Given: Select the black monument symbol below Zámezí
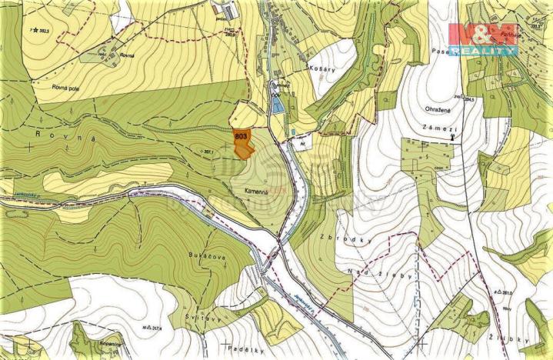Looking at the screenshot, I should point(453,137).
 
